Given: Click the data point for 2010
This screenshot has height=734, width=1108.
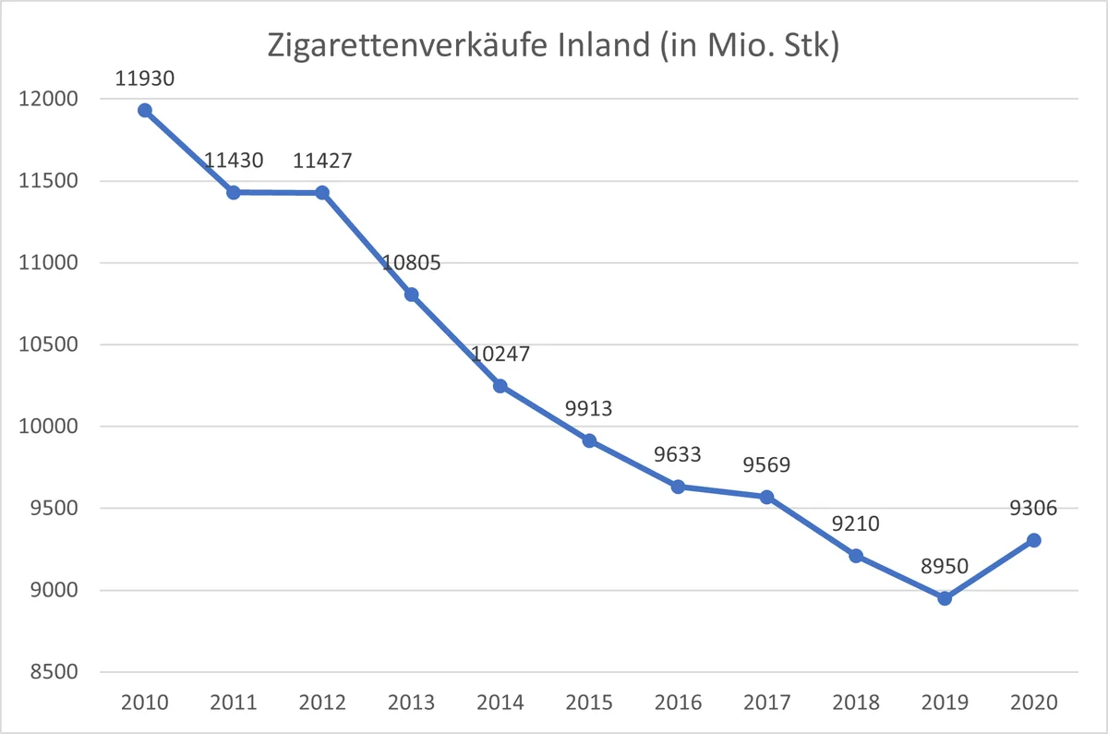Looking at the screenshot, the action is click(x=144, y=110).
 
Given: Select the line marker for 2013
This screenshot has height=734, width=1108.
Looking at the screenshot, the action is click(x=411, y=295).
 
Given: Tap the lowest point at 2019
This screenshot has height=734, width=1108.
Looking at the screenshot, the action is click(x=945, y=598).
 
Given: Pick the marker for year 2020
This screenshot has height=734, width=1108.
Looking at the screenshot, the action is click(x=1033, y=540).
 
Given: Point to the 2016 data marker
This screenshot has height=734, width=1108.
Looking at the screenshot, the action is click(x=678, y=487).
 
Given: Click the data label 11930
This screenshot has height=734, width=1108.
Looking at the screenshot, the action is click(x=144, y=78).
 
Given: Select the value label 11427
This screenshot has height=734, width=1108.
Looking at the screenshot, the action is click(x=322, y=161).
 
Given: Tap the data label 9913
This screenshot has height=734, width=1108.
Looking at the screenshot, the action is click(x=589, y=408).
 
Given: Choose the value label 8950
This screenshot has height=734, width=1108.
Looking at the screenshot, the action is click(x=945, y=566).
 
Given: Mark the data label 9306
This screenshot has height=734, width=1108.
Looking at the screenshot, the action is click(x=1033, y=508).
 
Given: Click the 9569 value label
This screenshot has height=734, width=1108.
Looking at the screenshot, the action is click(x=766, y=465).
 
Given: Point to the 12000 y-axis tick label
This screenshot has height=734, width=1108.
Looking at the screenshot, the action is click(x=48, y=99).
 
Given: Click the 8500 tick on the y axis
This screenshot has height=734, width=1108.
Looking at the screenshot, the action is click(x=54, y=672).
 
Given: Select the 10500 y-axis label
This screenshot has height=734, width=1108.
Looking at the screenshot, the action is click(x=48, y=344).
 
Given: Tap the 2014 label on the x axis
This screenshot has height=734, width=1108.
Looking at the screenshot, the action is click(x=500, y=703).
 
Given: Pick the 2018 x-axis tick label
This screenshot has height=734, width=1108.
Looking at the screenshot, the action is click(x=856, y=703).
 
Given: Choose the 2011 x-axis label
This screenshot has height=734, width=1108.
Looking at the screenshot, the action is click(x=234, y=703).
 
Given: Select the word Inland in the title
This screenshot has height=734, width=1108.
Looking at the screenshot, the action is click(x=604, y=44).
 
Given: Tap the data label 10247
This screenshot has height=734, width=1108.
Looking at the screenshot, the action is click(x=500, y=355).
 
